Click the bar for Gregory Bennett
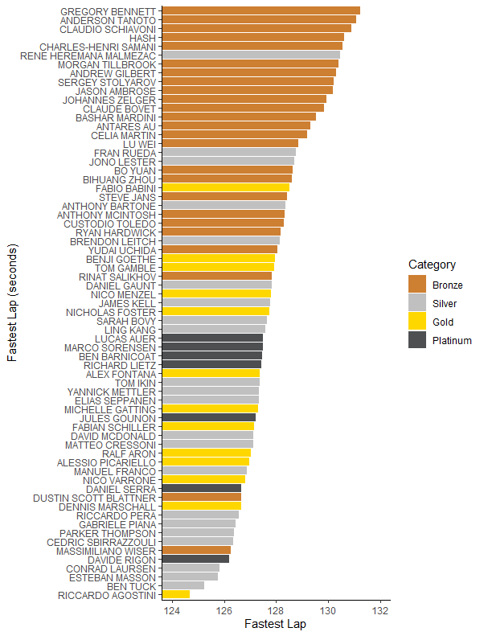(260, 10)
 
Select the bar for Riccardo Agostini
(176, 594)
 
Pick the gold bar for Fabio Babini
(225, 187)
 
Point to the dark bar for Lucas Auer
(212, 338)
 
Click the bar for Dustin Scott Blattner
(201, 498)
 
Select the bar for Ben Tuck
(183, 585)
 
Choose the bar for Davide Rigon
(195, 559)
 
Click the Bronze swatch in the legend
(417, 285)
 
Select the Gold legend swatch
(417, 322)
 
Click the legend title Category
(432, 265)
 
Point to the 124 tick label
(171, 609)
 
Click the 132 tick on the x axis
(381, 609)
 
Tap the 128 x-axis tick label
(277, 609)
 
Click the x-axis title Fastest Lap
(275, 624)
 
